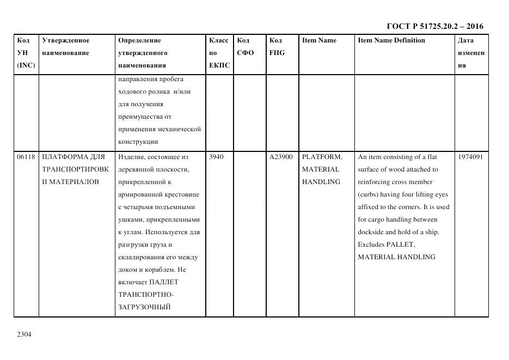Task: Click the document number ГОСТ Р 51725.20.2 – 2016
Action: tap(434, 26)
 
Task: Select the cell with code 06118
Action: tap(26, 157)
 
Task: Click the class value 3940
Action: tap(216, 157)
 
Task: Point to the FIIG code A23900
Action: tap(281, 157)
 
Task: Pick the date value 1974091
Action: tap(470, 157)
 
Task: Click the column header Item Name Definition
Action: tap(391, 40)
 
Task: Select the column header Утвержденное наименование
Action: tap(66, 47)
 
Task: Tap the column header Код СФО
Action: tap(246, 47)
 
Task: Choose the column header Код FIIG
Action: tap(277, 47)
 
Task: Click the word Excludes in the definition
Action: tap(371, 245)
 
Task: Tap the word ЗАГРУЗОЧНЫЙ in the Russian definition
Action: tap(144, 307)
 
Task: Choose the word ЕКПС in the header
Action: tap(219, 65)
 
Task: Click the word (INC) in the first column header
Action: tap(26, 65)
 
